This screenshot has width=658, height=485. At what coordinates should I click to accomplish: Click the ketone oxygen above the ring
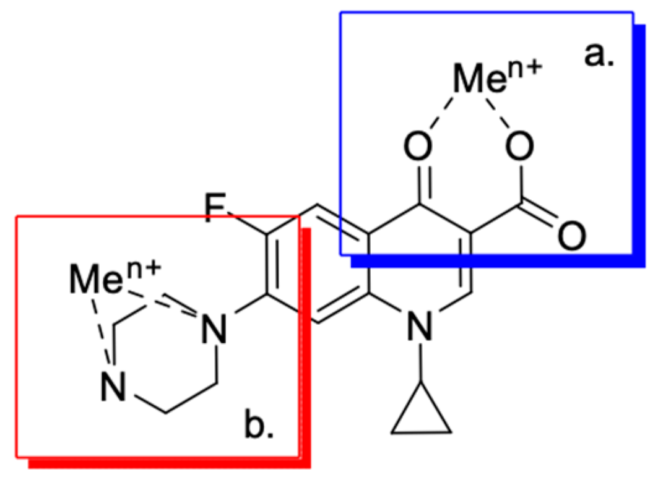pos(420,148)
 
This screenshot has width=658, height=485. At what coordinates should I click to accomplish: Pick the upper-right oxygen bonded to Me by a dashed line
pos(519,148)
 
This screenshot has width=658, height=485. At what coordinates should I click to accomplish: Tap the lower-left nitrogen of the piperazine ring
pos(114,388)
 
